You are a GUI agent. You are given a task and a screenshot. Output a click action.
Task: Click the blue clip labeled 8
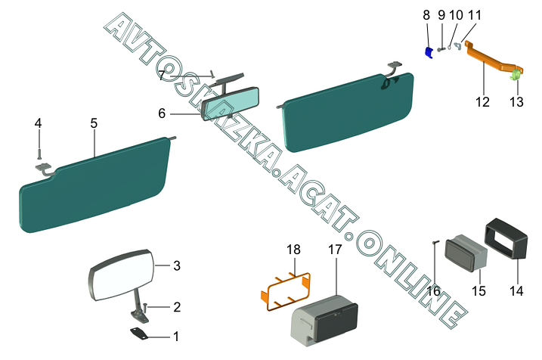tap(429, 53)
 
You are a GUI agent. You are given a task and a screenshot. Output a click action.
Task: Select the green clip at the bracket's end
tap(516, 74)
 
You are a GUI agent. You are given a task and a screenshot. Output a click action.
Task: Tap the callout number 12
tap(482, 102)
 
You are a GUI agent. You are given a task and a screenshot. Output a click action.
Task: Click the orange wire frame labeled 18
tap(285, 290)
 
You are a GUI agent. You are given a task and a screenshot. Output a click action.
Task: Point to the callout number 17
tap(335, 250)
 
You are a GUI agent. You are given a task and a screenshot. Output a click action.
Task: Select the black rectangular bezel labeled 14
tap(506, 239)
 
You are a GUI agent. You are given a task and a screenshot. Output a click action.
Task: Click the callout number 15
tap(479, 291)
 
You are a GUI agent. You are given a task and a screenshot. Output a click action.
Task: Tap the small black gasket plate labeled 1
tap(139, 334)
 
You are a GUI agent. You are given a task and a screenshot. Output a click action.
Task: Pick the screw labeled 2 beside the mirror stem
tap(145, 307)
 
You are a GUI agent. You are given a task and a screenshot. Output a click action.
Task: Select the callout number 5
tap(94, 123)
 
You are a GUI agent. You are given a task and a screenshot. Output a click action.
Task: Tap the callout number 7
tap(162, 76)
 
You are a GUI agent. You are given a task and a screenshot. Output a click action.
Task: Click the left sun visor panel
tap(94, 185)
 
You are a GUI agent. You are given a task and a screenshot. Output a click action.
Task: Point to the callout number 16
tap(433, 291)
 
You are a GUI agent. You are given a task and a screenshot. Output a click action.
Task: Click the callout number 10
tap(456, 15)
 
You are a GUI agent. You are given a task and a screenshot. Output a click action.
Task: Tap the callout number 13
tap(516, 102)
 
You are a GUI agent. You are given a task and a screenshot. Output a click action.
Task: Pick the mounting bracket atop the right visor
tap(395, 65)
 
